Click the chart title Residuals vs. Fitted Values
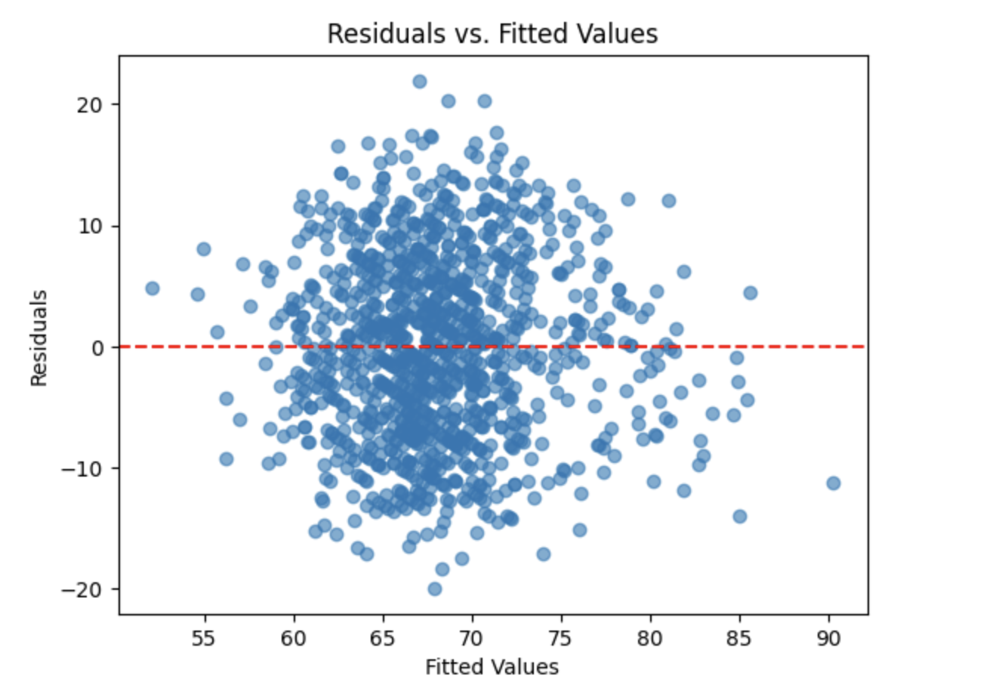[x=492, y=34]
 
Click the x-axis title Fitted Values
[x=492, y=667]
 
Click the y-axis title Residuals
[x=39, y=338]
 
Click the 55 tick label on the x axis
[x=204, y=639]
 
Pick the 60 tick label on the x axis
[x=293, y=639]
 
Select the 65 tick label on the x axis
[x=382, y=639]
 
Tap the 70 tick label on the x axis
[x=472, y=639]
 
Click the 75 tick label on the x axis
[x=561, y=639]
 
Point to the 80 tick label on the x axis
[x=650, y=639]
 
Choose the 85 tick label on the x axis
[x=739, y=639]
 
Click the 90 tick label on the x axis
[x=828, y=639]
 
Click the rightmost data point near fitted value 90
[x=833, y=483]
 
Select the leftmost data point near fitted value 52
[x=153, y=288]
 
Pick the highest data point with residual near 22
[x=420, y=82]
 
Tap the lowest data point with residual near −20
[x=434, y=589]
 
